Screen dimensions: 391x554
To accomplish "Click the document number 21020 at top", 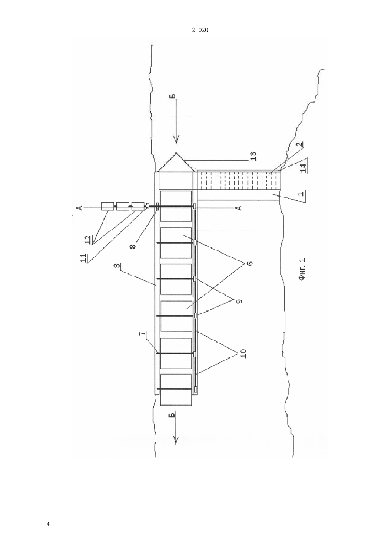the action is click(x=200, y=30).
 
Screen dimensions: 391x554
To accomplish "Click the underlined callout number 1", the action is click(x=302, y=193).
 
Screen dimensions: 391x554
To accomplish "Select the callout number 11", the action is click(x=84, y=258).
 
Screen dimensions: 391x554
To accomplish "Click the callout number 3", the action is click(x=118, y=266).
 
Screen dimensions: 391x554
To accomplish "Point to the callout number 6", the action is click(x=249, y=263).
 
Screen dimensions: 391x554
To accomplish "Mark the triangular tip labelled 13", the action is click(x=176, y=153).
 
